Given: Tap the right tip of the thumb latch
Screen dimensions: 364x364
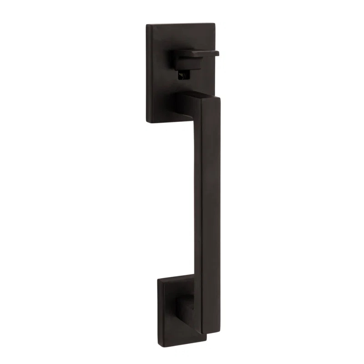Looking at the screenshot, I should [217, 53].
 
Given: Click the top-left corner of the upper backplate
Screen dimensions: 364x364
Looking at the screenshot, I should [147, 25].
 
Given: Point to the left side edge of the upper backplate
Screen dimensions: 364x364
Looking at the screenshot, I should [147, 73].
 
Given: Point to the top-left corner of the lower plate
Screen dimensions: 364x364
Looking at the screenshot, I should [159, 279].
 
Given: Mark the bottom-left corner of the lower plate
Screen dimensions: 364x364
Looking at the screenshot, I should [159, 327].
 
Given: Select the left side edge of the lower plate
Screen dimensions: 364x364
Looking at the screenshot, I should [159, 303].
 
